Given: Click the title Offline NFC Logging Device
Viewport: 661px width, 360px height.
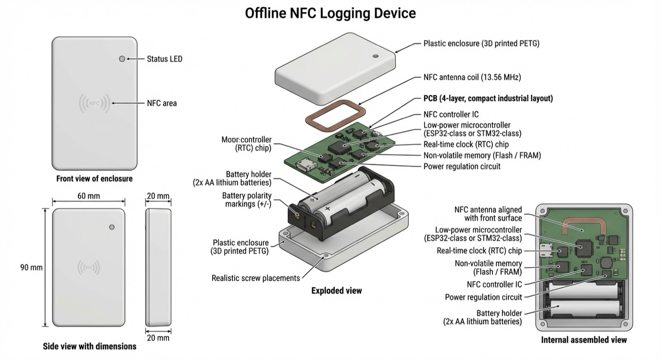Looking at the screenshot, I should [330, 13].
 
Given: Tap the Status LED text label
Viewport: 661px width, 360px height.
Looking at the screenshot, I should [164, 59].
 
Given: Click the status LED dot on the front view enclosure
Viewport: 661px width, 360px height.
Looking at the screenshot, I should [122, 59].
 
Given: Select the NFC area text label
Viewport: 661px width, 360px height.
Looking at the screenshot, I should [162, 103].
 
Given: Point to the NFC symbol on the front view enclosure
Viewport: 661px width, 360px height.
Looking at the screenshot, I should [94, 103].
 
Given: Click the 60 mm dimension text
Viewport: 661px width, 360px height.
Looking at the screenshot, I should [88, 196].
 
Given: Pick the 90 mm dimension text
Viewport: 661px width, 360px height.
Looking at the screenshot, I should [31, 268].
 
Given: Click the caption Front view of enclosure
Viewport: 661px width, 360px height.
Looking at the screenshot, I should [94, 179].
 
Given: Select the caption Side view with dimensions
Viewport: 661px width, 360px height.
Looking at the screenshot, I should [90, 346].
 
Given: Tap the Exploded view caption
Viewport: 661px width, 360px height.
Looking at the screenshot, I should [336, 291].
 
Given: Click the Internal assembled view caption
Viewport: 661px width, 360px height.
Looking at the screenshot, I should [584, 340].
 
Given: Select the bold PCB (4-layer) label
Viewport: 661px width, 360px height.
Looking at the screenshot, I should [488, 99].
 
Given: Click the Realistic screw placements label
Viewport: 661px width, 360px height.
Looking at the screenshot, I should [255, 278].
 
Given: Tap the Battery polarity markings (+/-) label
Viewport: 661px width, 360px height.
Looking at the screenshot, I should [247, 200].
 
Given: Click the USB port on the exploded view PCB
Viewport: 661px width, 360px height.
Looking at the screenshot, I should [302, 167].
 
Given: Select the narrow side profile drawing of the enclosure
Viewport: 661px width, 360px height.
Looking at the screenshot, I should [157, 267].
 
